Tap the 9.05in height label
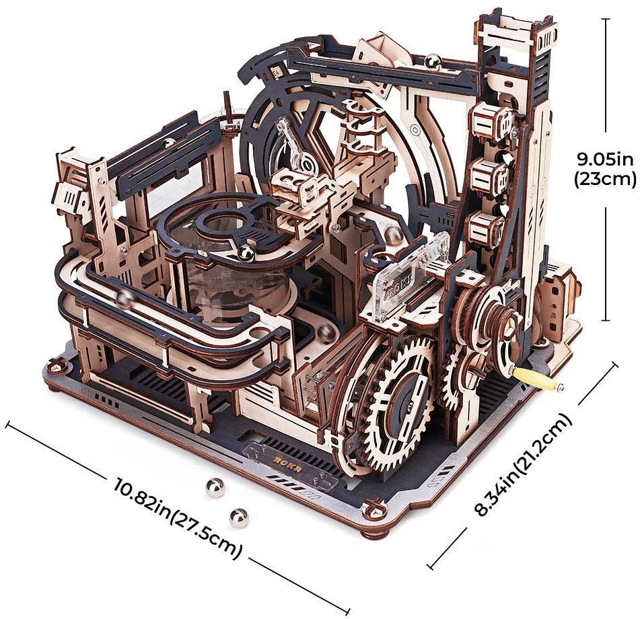coord(606,159)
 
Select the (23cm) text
coord(605,179)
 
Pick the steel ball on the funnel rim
coord(246,253)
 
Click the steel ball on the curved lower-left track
coord(125,299)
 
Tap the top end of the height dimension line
coord(606,20)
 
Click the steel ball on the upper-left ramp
coord(168,143)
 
